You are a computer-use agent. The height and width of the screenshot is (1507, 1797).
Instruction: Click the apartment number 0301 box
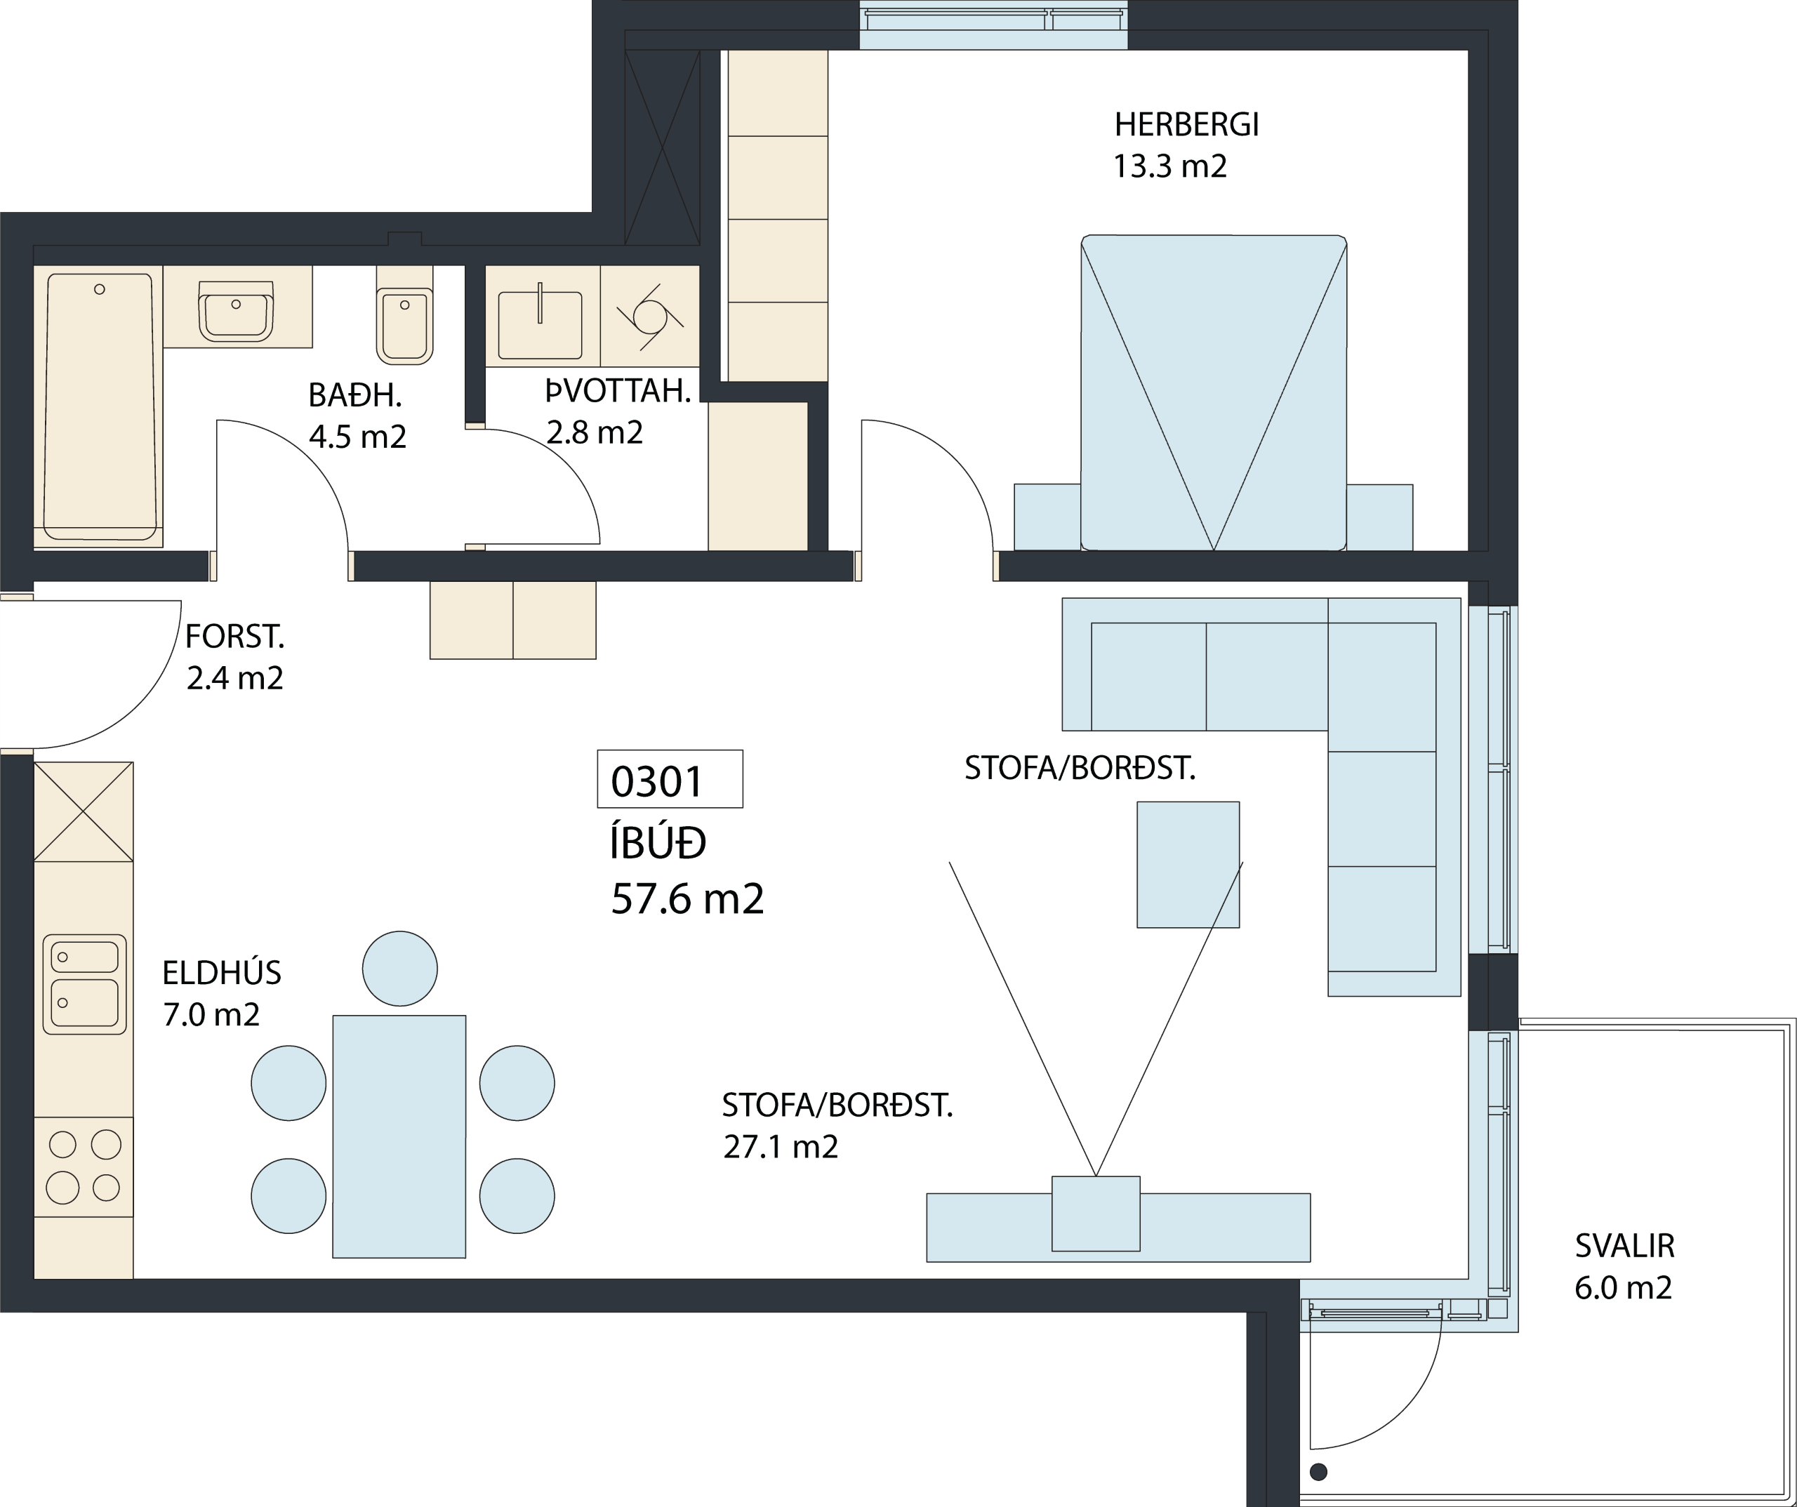pos(670,778)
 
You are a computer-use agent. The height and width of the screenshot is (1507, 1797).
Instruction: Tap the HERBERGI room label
pos(1186,125)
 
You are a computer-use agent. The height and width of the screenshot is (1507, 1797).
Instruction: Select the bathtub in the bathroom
pos(100,406)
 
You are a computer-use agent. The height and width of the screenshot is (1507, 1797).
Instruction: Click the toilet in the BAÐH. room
pos(405,315)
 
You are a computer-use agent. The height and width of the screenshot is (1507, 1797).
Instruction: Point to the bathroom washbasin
pos(235,312)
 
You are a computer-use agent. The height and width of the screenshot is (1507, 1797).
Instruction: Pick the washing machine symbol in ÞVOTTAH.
pos(650,317)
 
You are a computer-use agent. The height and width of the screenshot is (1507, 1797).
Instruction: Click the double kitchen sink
pos(85,984)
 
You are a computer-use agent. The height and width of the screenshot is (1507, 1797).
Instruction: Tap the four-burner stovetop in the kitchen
pos(84,1167)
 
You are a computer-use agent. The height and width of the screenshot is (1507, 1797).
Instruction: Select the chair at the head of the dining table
pos(399,968)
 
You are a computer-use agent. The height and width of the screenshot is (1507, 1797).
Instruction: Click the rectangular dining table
pos(399,1136)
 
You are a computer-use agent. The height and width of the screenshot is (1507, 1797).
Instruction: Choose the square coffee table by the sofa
pos(1188,864)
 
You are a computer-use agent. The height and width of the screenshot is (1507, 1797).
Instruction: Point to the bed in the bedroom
pos(1214,393)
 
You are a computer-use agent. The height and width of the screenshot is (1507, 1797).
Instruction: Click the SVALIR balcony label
pos(1624,1246)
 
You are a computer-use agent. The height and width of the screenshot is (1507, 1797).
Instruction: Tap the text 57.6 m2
pos(687,898)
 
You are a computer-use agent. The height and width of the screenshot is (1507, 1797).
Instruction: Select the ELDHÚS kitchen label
pos(222,973)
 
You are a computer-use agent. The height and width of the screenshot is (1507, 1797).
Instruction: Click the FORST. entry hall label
pos(234,637)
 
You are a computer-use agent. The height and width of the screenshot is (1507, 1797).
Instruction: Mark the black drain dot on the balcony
pos(1319,1472)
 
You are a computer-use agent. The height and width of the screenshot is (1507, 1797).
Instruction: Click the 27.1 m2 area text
pos(781,1147)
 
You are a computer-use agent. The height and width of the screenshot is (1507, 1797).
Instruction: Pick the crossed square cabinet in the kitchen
pos(84,811)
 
